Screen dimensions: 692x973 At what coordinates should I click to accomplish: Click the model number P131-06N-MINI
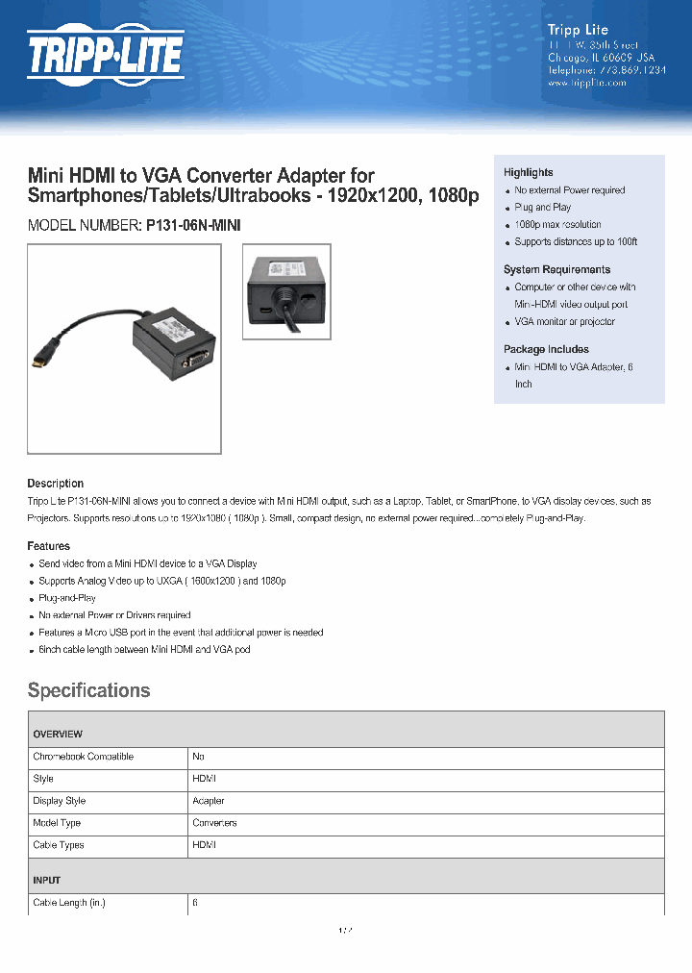[x=193, y=225]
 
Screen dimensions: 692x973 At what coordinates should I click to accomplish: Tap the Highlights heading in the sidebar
[x=528, y=172]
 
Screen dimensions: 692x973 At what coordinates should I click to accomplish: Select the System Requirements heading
[x=556, y=269]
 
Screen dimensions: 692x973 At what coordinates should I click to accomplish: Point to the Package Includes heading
[x=546, y=349]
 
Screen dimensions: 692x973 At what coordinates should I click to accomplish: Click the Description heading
[x=55, y=484]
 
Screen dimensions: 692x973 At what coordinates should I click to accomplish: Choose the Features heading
[x=48, y=546]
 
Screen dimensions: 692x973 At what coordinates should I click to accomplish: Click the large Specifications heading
[x=88, y=690]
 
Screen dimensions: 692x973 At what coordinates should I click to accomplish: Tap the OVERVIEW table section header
[x=58, y=735]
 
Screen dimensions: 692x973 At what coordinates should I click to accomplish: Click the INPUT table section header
[x=46, y=881]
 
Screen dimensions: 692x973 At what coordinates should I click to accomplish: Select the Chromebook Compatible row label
[x=83, y=757]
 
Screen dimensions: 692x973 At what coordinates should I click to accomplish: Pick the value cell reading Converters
[x=214, y=823]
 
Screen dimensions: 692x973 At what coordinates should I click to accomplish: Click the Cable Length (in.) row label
[x=68, y=904]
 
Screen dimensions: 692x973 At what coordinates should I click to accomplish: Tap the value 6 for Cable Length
[x=195, y=904]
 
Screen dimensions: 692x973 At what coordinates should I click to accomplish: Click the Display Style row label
[x=60, y=801]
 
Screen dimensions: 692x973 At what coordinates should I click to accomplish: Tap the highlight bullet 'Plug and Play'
[x=542, y=208]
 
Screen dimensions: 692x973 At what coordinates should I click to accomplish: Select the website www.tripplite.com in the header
[x=586, y=83]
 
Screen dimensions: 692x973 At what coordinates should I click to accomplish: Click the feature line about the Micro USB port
[x=181, y=633]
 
